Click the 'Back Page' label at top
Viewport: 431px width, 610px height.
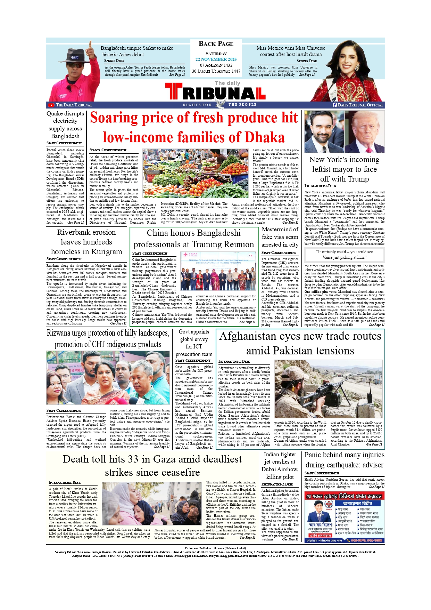(x=216, y=44)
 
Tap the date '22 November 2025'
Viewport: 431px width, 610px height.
(x=216, y=59)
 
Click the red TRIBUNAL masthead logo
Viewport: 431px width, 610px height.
(x=215, y=93)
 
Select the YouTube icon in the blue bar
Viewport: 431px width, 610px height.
(x=51, y=105)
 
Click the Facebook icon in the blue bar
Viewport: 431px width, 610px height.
(x=335, y=105)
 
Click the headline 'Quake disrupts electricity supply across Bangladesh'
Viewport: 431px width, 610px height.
(x=65, y=125)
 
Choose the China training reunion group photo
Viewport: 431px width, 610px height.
(x=218, y=271)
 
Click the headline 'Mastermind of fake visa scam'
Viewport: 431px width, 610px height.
(x=280, y=237)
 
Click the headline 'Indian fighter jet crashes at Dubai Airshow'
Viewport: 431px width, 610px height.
(x=280, y=465)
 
